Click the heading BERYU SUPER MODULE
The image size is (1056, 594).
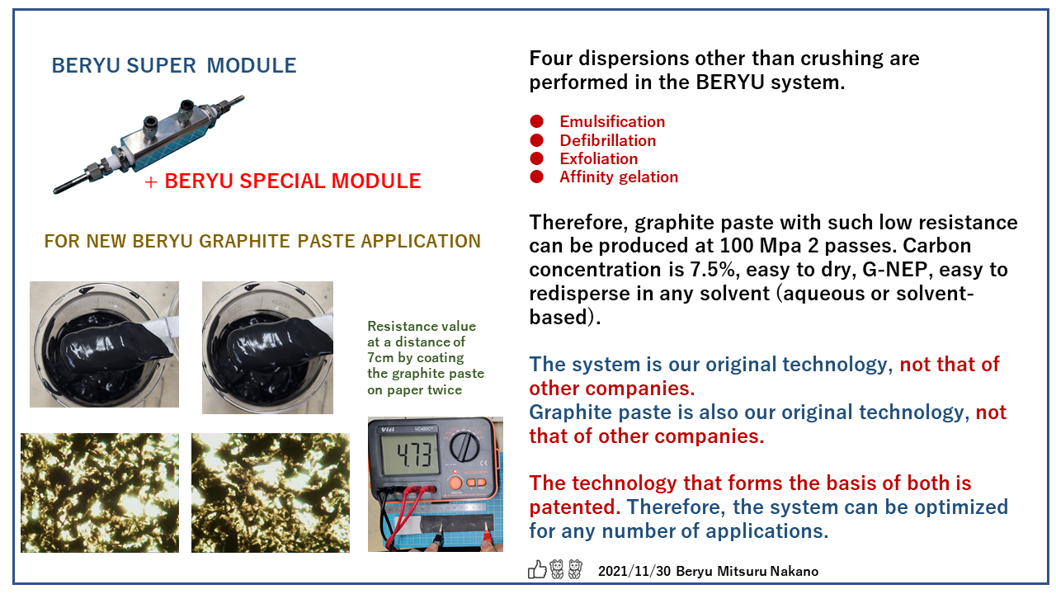tap(173, 66)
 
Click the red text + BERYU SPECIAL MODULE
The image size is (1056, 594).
tap(283, 181)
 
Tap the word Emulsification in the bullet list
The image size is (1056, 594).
tap(611, 122)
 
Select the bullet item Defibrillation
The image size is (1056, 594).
tap(607, 140)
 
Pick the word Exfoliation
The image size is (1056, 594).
tap(598, 158)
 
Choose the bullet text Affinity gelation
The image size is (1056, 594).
tap(618, 177)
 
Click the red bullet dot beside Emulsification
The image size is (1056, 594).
tap(537, 121)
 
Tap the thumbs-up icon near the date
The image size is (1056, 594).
tap(537, 569)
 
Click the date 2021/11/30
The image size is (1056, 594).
tap(633, 571)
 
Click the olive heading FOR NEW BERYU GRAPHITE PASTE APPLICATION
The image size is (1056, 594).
tap(262, 242)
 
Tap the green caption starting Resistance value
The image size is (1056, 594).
tap(425, 357)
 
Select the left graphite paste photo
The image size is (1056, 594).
tap(104, 344)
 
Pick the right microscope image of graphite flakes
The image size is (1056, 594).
tap(271, 493)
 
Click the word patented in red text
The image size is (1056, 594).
tap(575, 506)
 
